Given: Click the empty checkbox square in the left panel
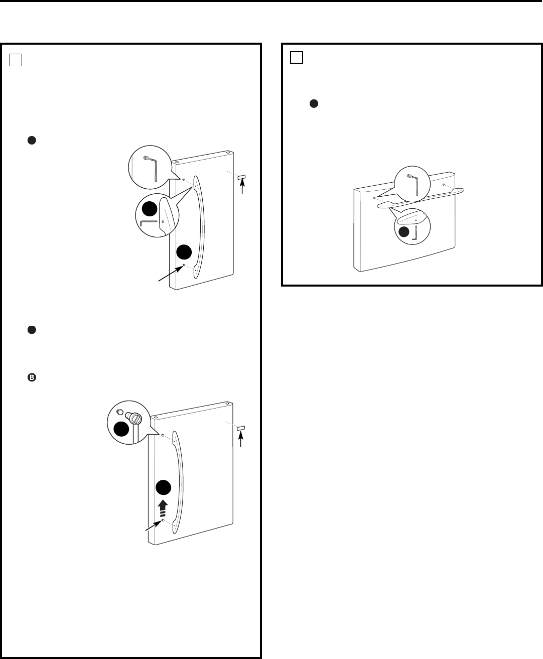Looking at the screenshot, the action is [x=16, y=60].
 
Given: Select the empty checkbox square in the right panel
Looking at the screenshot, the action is [x=297, y=58].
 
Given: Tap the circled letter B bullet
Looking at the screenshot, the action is [x=31, y=376].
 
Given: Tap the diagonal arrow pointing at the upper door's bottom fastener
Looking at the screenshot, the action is [x=169, y=274].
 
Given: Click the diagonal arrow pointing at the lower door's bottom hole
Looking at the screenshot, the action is [x=153, y=526].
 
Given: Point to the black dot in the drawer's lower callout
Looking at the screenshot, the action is [x=402, y=232].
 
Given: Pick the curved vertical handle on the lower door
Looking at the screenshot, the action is [x=178, y=481].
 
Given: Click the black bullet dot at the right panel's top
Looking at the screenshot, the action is [x=313, y=104].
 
